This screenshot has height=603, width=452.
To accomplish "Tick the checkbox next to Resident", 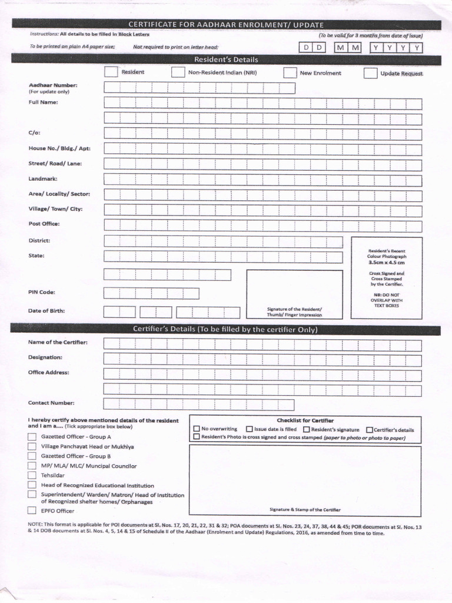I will click(111, 72).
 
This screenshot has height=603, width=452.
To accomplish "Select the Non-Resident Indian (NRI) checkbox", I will click(178, 72).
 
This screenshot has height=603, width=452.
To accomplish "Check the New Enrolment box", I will click(290, 73).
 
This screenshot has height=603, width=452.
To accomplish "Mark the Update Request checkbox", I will click(370, 74).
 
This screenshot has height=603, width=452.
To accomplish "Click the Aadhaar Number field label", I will click(53, 85).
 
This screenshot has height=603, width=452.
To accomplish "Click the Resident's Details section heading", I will click(226, 59).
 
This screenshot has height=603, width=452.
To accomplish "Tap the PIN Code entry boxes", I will click(151, 293).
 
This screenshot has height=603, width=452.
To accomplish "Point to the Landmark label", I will click(43, 178).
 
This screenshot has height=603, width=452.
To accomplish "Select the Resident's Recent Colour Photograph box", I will click(387, 277).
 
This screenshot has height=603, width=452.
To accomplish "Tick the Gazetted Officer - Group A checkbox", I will click(32, 437).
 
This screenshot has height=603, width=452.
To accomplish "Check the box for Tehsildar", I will click(32, 475).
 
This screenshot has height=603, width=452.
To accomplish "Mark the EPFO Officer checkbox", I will click(32, 511).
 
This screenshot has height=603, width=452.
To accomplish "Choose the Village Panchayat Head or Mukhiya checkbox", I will click(32, 446).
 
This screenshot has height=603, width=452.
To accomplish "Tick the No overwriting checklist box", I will click(197, 429).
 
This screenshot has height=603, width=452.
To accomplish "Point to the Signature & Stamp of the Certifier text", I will click(305, 509).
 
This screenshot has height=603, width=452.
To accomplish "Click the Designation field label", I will click(45, 357).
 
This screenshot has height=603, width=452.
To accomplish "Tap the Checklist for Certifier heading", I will click(305, 420).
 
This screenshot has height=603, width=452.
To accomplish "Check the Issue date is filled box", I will click(250, 429).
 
